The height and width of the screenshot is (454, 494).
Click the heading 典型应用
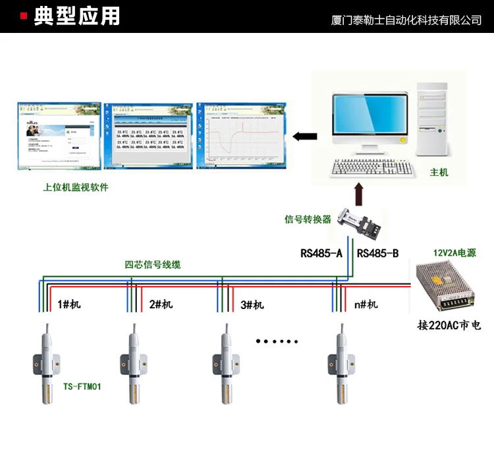click(x=77, y=16)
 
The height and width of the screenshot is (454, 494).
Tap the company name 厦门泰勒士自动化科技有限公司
click(x=406, y=20)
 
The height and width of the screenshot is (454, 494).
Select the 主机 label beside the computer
click(x=439, y=173)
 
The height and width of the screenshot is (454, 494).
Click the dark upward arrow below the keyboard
click(x=358, y=194)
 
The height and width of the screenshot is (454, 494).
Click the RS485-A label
click(x=321, y=252)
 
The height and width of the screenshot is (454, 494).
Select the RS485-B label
click(x=377, y=252)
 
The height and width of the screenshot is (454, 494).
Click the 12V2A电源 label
click(x=454, y=252)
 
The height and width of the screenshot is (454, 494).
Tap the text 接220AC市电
click(x=449, y=326)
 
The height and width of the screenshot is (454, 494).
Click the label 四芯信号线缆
click(x=153, y=265)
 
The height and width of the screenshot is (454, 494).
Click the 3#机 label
click(x=252, y=304)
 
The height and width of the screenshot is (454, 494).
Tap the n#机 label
click(x=366, y=304)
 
